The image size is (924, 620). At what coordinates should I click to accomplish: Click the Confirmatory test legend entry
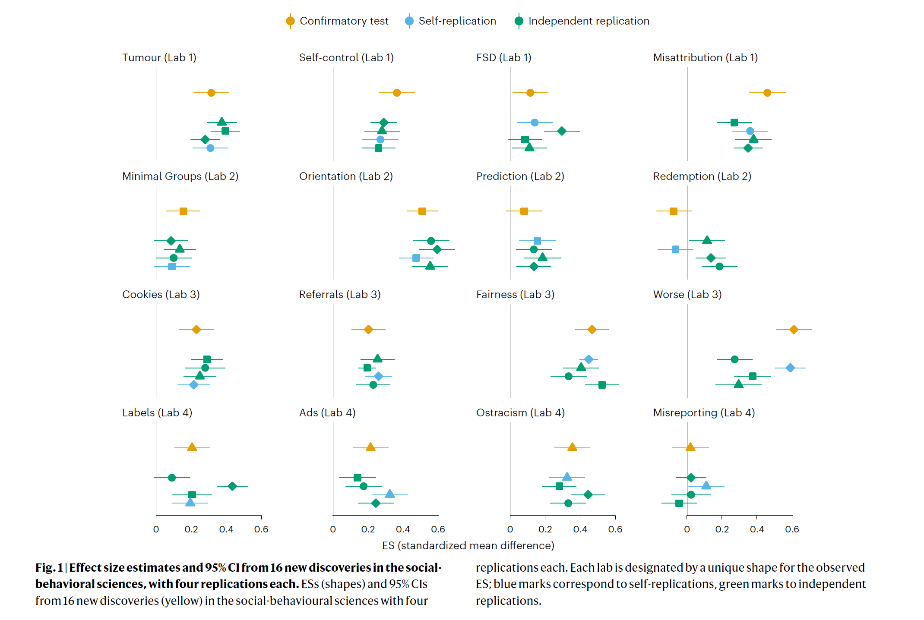click(337, 21)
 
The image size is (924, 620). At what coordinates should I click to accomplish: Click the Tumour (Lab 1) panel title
click(159, 57)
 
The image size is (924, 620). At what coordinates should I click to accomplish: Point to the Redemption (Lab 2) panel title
click(702, 176)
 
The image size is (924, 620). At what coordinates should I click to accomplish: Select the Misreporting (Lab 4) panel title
click(704, 412)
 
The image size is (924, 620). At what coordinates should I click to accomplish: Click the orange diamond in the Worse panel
click(794, 330)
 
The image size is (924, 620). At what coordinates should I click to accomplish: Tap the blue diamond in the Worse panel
click(790, 368)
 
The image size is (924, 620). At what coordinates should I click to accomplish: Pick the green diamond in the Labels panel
click(232, 486)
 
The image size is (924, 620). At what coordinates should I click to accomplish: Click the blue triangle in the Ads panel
click(389, 494)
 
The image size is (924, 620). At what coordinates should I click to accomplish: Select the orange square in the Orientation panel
click(422, 211)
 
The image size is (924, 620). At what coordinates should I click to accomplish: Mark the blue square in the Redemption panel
click(675, 249)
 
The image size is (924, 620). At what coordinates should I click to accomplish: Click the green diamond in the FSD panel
click(562, 131)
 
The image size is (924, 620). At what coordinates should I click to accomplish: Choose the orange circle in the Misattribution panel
click(767, 93)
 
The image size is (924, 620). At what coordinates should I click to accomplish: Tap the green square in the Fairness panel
click(602, 385)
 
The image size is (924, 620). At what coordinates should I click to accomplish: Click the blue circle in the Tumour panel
click(210, 148)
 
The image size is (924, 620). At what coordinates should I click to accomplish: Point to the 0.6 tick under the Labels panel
click(261, 529)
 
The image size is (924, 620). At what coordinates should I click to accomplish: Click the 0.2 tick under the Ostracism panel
click(545, 529)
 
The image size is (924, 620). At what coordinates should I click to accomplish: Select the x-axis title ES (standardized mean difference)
click(468, 545)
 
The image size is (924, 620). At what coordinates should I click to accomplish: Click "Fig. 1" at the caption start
click(49, 567)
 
